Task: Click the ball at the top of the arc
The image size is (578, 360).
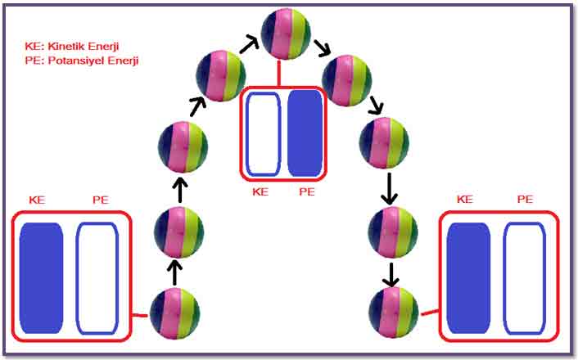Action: tap(286, 34)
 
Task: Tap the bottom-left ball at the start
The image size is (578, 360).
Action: tap(174, 313)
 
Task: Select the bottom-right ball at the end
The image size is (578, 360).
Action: tap(394, 313)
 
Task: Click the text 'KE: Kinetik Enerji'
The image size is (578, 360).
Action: tap(72, 47)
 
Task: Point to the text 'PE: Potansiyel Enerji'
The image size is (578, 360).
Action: tap(82, 61)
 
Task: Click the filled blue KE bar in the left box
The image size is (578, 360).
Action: tap(41, 278)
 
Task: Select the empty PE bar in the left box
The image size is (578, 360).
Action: tap(97, 278)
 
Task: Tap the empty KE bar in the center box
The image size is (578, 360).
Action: tap(263, 134)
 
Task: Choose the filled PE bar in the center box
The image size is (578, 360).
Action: tap(305, 133)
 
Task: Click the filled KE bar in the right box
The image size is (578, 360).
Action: tap(468, 278)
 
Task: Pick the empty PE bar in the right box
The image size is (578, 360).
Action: tap(525, 278)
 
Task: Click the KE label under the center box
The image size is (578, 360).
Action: tap(260, 192)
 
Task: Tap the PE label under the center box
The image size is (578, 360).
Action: tap(307, 192)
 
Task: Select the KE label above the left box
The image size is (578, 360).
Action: tap(37, 200)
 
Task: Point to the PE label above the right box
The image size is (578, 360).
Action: tap(525, 200)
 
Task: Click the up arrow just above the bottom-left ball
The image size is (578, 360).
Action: tap(174, 272)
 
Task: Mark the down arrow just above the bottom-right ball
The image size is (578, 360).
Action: tap(391, 275)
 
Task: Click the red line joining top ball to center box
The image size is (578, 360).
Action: tap(279, 74)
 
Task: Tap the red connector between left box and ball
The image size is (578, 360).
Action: tap(140, 316)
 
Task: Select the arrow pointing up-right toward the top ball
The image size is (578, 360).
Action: tap(250, 44)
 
